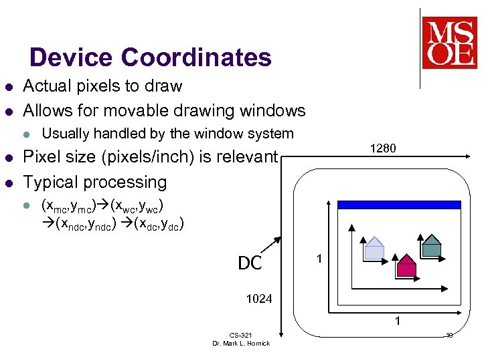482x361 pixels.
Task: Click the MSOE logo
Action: [x=449, y=42]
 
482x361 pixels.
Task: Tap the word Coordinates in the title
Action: [x=196, y=57]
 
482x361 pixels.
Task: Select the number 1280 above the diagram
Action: [x=383, y=148]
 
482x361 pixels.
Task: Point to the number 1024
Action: [x=259, y=299]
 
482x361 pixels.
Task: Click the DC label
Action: [x=250, y=263]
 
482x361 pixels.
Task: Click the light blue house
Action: [x=374, y=248]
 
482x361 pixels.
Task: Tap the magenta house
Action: [x=406, y=265]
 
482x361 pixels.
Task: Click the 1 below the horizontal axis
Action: [x=398, y=322]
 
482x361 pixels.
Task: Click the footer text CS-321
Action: [x=240, y=334]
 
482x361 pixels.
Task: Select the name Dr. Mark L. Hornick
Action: [x=241, y=343]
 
